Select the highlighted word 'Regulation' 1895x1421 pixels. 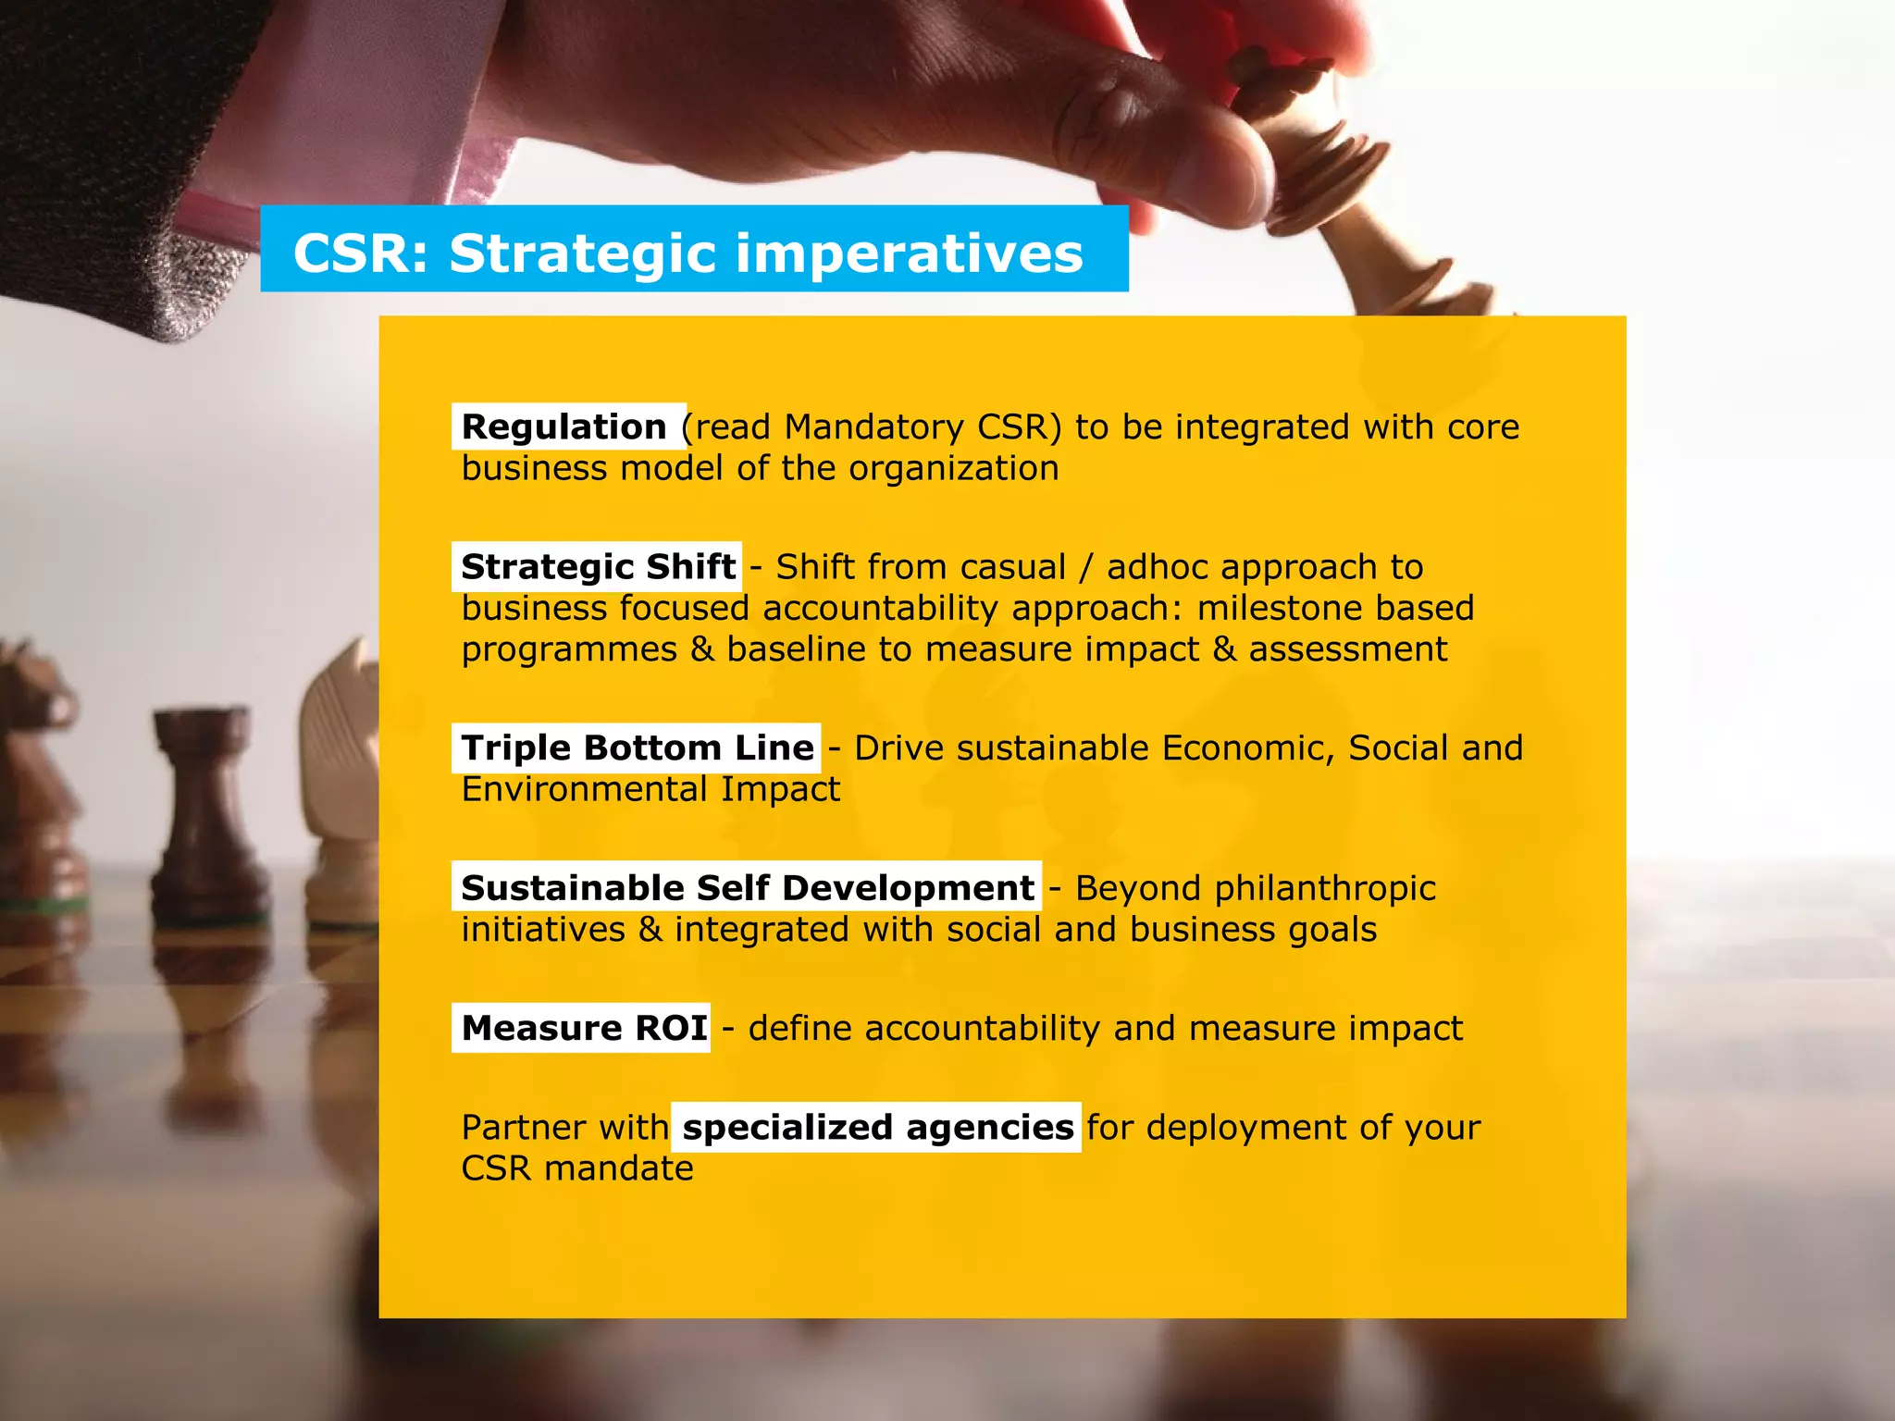pos(564,426)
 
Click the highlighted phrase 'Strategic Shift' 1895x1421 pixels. pos(598,566)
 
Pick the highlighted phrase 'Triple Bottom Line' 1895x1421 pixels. pos(638,748)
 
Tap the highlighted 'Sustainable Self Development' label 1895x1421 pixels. pos(747,887)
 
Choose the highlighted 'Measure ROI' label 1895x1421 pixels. pos(584,1028)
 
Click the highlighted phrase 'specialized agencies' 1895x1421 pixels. pos(877,1127)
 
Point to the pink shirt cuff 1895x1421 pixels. pos(370,111)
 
